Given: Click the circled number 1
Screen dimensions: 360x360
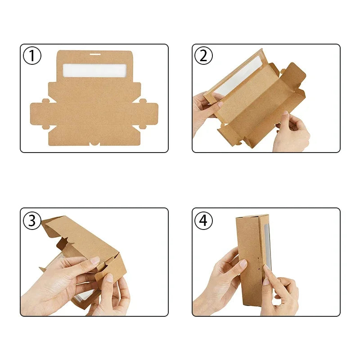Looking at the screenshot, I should pyautogui.click(x=32, y=56).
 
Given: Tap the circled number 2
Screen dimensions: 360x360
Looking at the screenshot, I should pyautogui.click(x=203, y=56).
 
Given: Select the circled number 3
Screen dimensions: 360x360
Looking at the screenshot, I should pyautogui.click(x=32, y=220).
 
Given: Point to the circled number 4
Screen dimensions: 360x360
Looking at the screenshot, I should pyautogui.click(x=203, y=220).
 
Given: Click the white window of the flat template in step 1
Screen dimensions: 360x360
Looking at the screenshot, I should pyautogui.click(x=94, y=70).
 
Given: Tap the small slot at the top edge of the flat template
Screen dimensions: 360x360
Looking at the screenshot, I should pyautogui.click(x=94, y=54).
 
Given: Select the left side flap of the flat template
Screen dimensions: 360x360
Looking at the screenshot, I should pyautogui.click(x=40, y=115).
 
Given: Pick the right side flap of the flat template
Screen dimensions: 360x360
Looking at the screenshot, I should pyautogui.click(x=148, y=115).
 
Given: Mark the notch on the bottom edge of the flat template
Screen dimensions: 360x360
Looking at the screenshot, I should pyautogui.click(x=94, y=144).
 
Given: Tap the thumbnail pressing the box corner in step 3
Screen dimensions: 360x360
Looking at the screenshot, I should pyautogui.click(x=109, y=278).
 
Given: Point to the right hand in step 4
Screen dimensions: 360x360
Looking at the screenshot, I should pyautogui.click(x=281, y=292).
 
